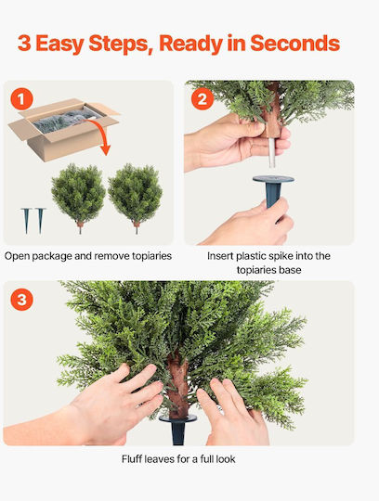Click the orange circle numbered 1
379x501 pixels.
pyautogui.click(x=21, y=99)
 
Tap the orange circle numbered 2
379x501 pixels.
pyautogui.click(x=203, y=99)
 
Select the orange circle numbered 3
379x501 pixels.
pyautogui.click(x=21, y=300)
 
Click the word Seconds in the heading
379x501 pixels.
pyautogui.click(x=294, y=43)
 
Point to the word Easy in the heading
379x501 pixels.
pyautogui.click(x=59, y=45)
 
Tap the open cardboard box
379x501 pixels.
pyautogui.click(x=63, y=129)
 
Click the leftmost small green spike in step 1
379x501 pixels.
pyautogui.click(x=26, y=220)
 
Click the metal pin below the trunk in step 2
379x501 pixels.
pyautogui.click(x=272, y=153)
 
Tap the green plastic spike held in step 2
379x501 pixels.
pyautogui.click(x=273, y=191)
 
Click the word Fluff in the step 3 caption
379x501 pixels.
pyautogui.click(x=132, y=459)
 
